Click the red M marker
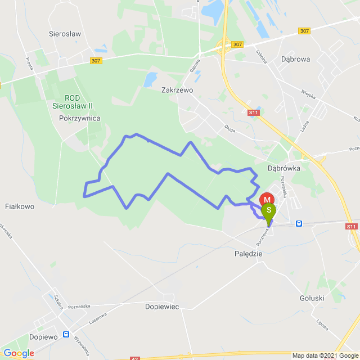[267, 200]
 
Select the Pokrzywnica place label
[79, 118]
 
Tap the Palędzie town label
[248, 254]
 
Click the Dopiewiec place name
[161, 307]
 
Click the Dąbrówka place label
[283, 168]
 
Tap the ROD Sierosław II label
[80, 100]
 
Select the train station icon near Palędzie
[299, 223]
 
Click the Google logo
[18, 353]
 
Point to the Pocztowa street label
[263, 236]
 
